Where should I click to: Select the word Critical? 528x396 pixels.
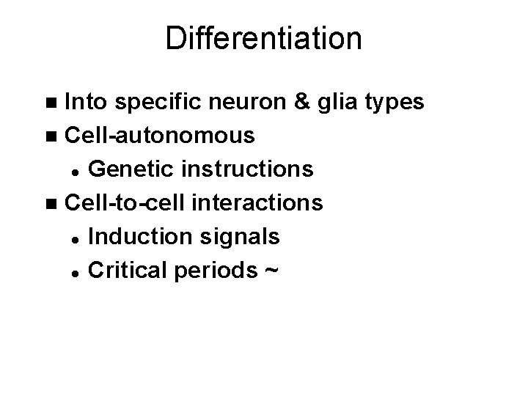point(124,270)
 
